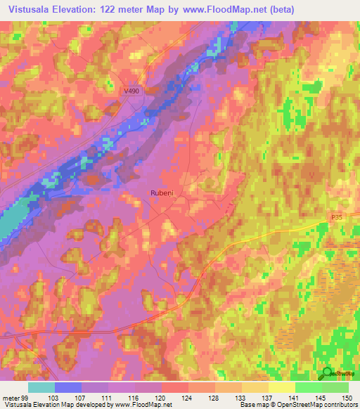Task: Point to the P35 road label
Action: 340,219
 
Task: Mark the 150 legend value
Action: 345,397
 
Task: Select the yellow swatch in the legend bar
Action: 282,387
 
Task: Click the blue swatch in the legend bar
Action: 68,387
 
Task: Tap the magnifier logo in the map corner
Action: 328,374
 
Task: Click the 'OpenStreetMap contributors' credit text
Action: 320,405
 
